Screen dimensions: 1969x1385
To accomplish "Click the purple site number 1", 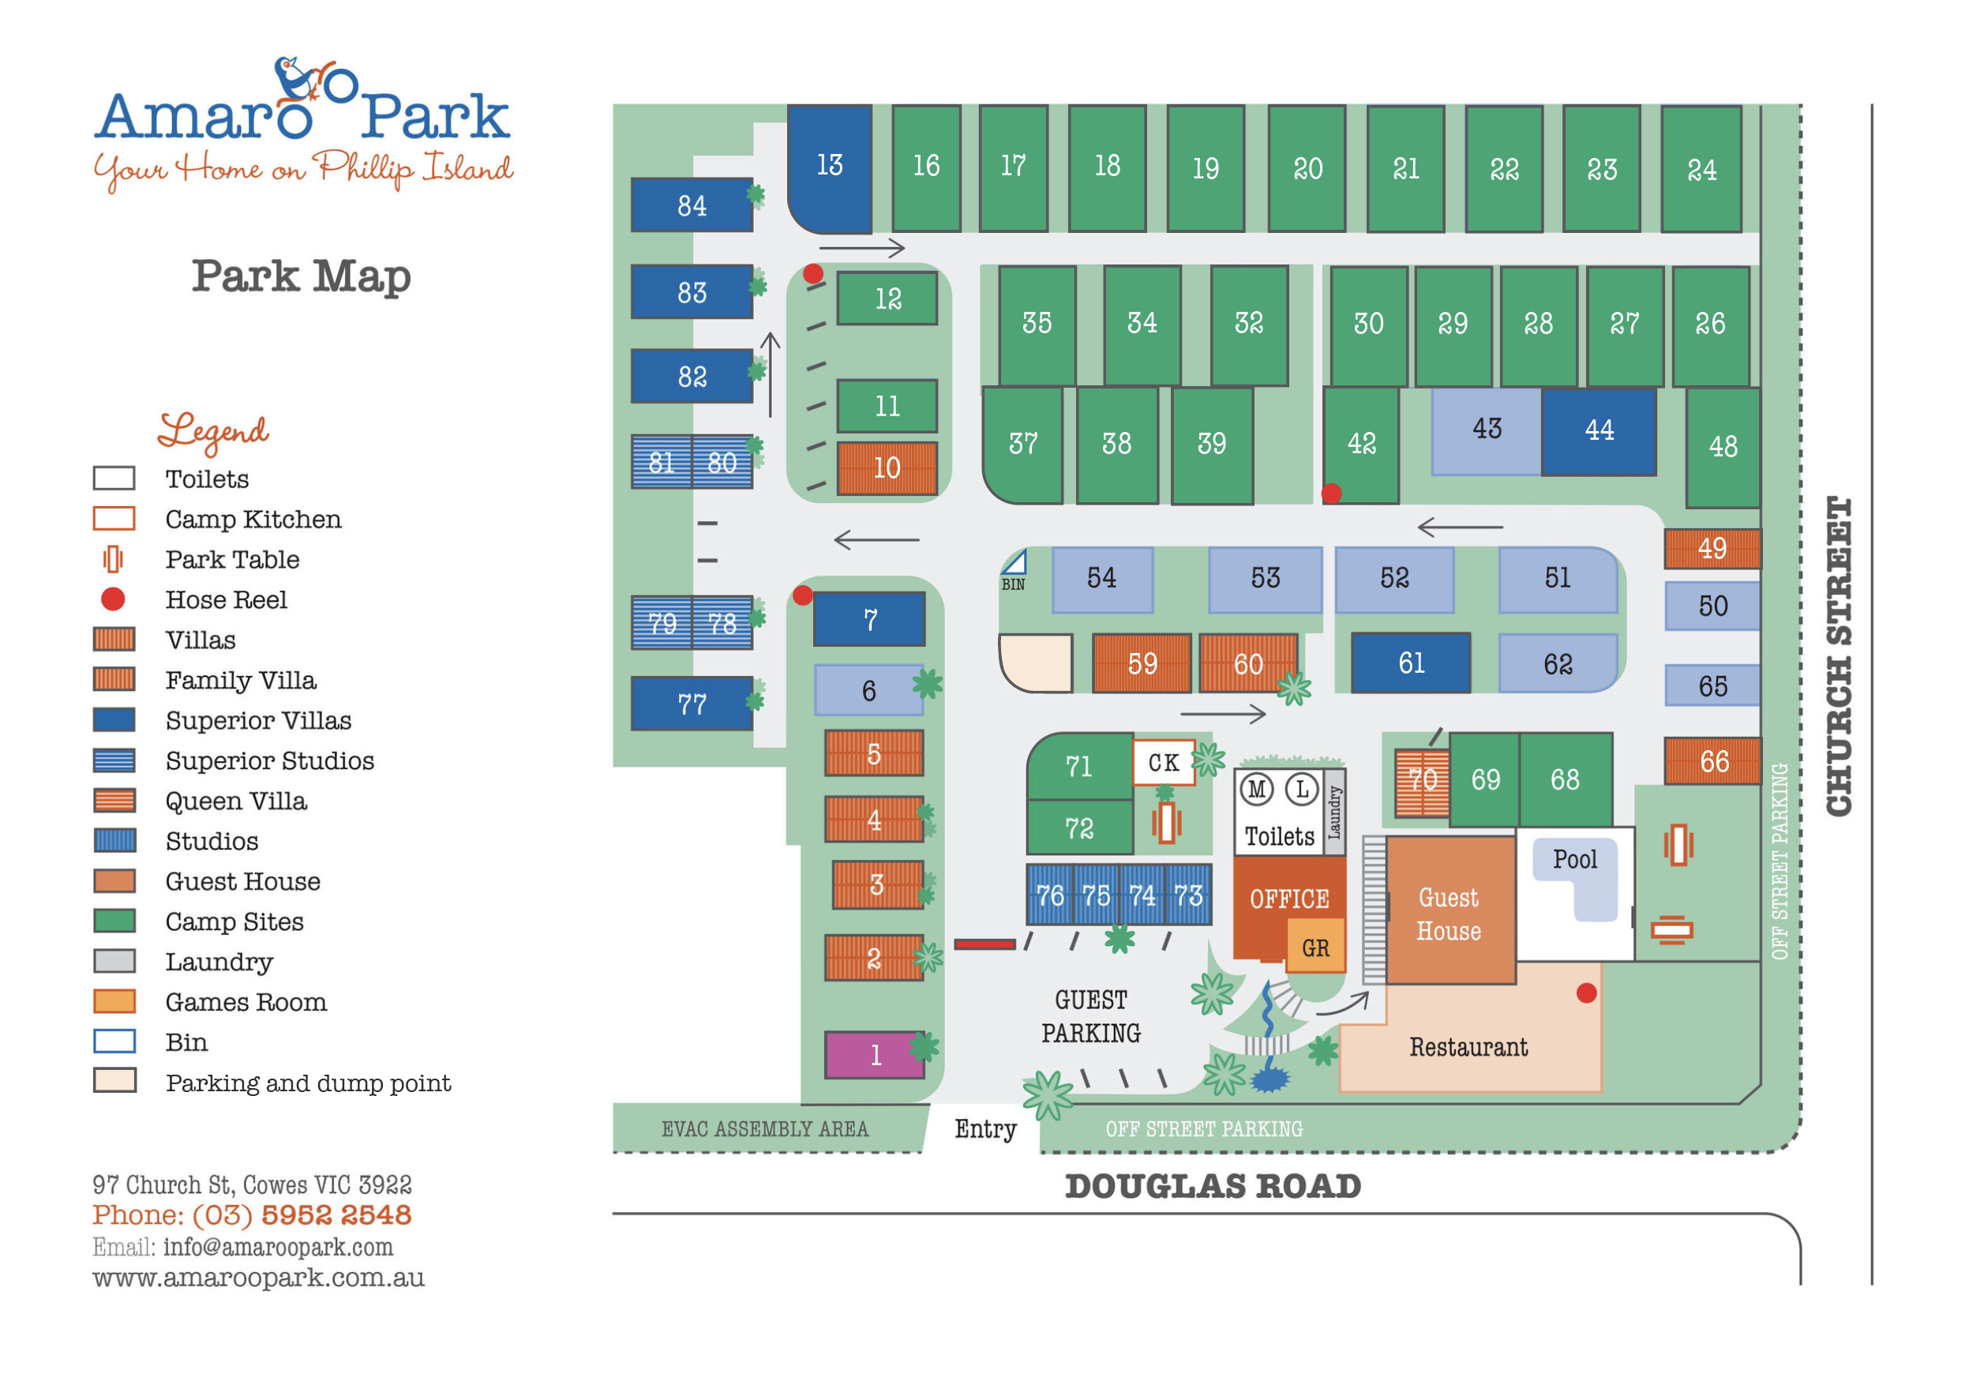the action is coord(874,1054).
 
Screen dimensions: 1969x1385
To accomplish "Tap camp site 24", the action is coord(1701,169).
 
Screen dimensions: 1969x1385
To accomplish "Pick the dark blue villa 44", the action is coord(1599,430).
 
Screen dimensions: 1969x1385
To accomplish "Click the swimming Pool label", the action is coord(1574,859).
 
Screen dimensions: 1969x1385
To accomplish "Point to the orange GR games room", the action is coord(1315,948).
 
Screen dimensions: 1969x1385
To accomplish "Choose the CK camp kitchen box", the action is coord(1163,763).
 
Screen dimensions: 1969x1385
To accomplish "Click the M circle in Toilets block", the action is coord(1257,789).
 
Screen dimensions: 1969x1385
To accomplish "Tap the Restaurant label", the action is coord(1468,1047).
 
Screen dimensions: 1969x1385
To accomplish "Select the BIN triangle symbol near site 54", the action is coord(1015,564).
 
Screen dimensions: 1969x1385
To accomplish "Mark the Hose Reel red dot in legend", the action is coord(113,599).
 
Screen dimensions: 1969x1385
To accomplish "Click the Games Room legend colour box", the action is coord(114,1002).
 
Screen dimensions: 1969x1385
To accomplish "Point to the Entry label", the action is coord(985,1129).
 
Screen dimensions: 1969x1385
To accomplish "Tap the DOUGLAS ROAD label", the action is coord(1213,1187).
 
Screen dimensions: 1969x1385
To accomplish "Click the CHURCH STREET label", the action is coord(1839,656).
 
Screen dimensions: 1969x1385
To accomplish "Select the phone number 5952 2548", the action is coord(336,1215).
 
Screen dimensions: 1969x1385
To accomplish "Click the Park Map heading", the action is coord(301,276).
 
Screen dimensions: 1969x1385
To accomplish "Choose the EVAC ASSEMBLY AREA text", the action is coord(765,1129).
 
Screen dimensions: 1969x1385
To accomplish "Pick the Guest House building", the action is coord(1449,913).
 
